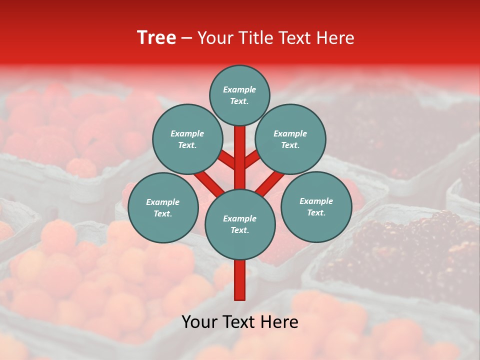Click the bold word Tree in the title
(x=156, y=38)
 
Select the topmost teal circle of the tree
(x=239, y=95)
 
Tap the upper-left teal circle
(x=187, y=139)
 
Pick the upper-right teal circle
(x=290, y=139)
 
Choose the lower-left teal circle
(x=163, y=207)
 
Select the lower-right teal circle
(x=316, y=206)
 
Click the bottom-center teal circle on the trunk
(x=240, y=224)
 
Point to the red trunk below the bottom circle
(x=240, y=280)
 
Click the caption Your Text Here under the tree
(x=240, y=322)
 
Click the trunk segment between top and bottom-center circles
(x=240, y=157)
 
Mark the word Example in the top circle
(x=239, y=89)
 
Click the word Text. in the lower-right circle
(x=316, y=212)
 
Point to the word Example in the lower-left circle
(x=162, y=202)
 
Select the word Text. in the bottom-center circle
(x=239, y=230)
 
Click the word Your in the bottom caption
(x=198, y=322)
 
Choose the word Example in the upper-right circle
(x=290, y=133)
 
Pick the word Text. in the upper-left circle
(x=187, y=145)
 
